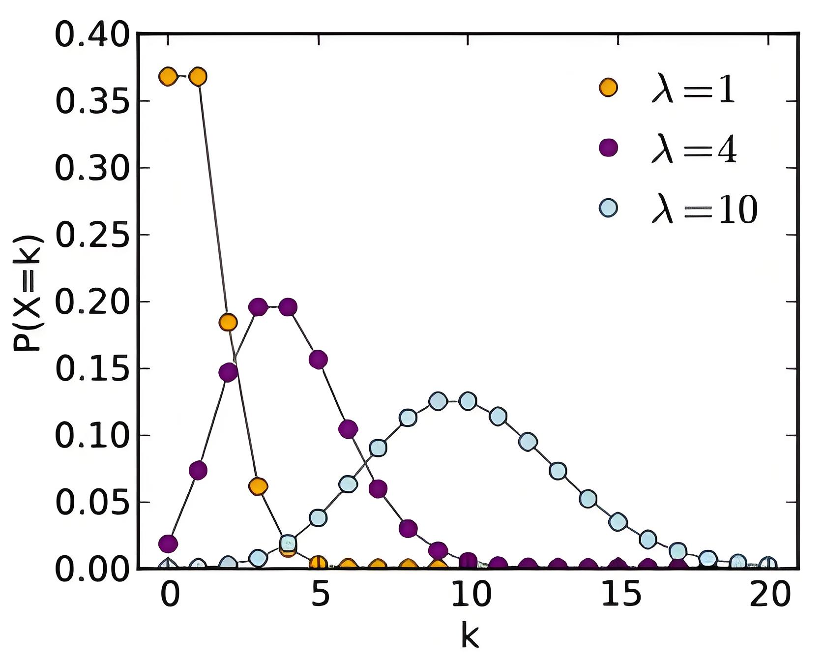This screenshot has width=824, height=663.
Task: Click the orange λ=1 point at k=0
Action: pyautogui.click(x=168, y=77)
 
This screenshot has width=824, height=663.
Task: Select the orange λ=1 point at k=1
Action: pyautogui.click(x=198, y=77)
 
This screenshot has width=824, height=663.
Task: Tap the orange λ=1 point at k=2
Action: pyautogui.click(x=228, y=322)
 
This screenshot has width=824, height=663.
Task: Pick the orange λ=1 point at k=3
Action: pyautogui.click(x=258, y=486)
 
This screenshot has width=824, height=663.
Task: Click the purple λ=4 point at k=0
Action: pyautogui.click(x=168, y=544)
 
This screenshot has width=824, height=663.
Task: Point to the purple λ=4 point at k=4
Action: pyautogui.click(x=288, y=307)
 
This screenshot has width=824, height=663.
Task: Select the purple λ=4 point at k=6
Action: pyautogui.click(x=348, y=429)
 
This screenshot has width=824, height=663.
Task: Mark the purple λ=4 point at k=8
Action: pyautogui.click(x=408, y=529)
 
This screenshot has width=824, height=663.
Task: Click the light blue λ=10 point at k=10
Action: pyautogui.click(x=468, y=401)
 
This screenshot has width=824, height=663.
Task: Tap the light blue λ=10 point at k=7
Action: pyautogui.click(x=378, y=448)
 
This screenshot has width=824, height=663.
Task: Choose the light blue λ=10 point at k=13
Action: pyautogui.click(x=558, y=471)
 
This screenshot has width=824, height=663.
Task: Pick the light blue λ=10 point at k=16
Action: pyautogui.click(x=648, y=540)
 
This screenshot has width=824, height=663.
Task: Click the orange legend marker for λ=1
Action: pyautogui.click(x=608, y=88)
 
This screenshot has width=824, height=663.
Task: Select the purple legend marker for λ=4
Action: pyautogui.click(x=608, y=148)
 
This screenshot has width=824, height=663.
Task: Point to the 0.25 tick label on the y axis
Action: pyautogui.click(x=92, y=235)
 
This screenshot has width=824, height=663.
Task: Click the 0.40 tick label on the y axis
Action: pyautogui.click(x=92, y=35)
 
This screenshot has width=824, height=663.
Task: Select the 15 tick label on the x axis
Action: pyautogui.click(x=621, y=594)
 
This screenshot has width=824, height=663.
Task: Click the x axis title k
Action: pyautogui.click(x=470, y=636)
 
